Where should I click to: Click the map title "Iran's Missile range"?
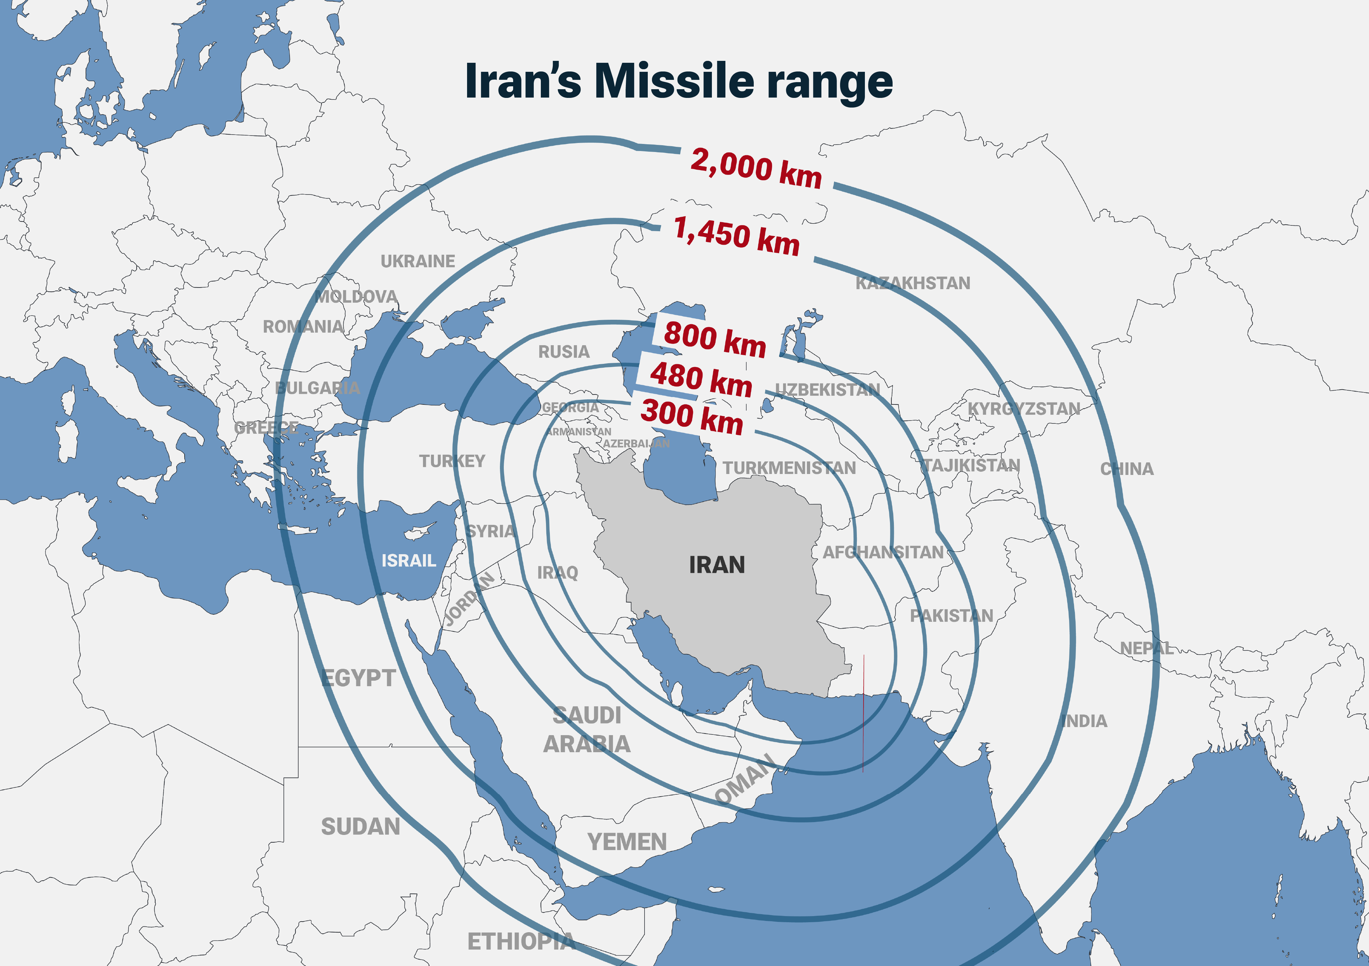678,82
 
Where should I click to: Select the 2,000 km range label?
756,169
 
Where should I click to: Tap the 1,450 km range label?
736,236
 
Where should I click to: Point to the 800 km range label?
715,339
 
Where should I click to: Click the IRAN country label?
717,565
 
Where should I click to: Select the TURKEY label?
452,461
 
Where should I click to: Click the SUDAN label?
360,827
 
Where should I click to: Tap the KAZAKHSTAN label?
913,283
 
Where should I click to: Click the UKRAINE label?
417,261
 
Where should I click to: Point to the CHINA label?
1126,469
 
